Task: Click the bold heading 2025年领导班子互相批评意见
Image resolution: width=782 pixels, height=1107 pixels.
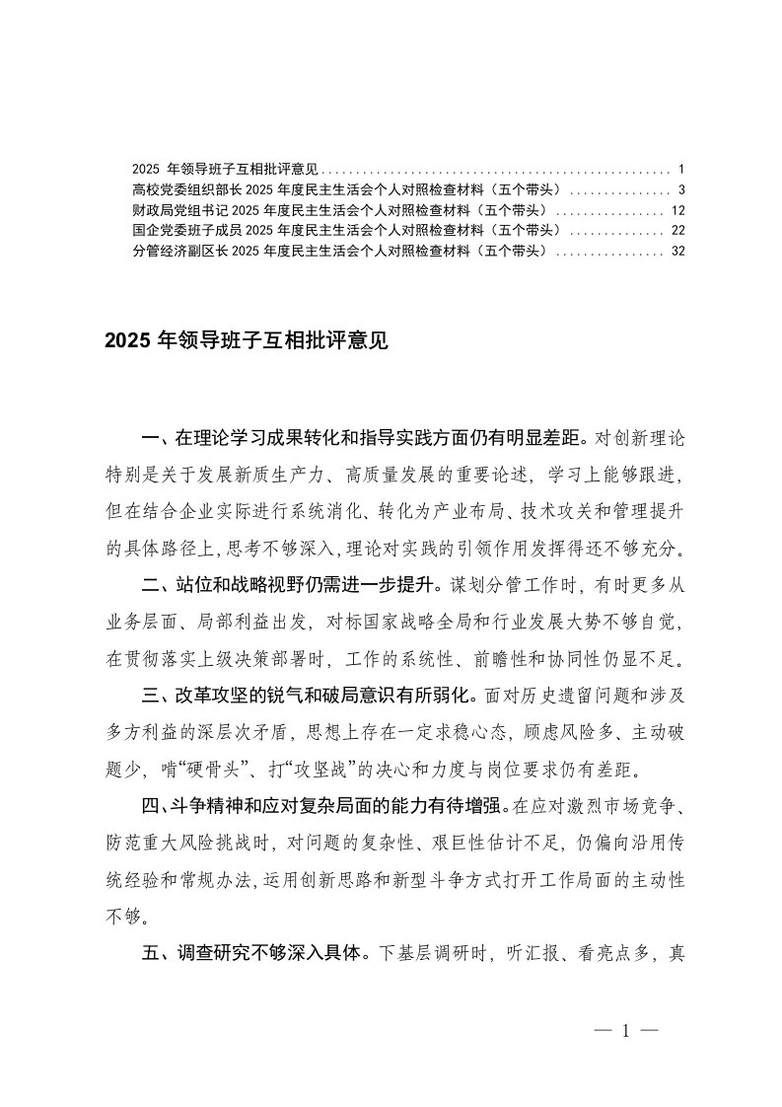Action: (x=247, y=341)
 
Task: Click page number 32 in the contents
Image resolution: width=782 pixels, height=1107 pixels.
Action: (x=676, y=251)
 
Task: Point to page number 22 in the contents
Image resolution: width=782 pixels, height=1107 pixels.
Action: (x=676, y=230)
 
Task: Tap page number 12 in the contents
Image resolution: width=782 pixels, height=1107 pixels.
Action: (x=676, y=210)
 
